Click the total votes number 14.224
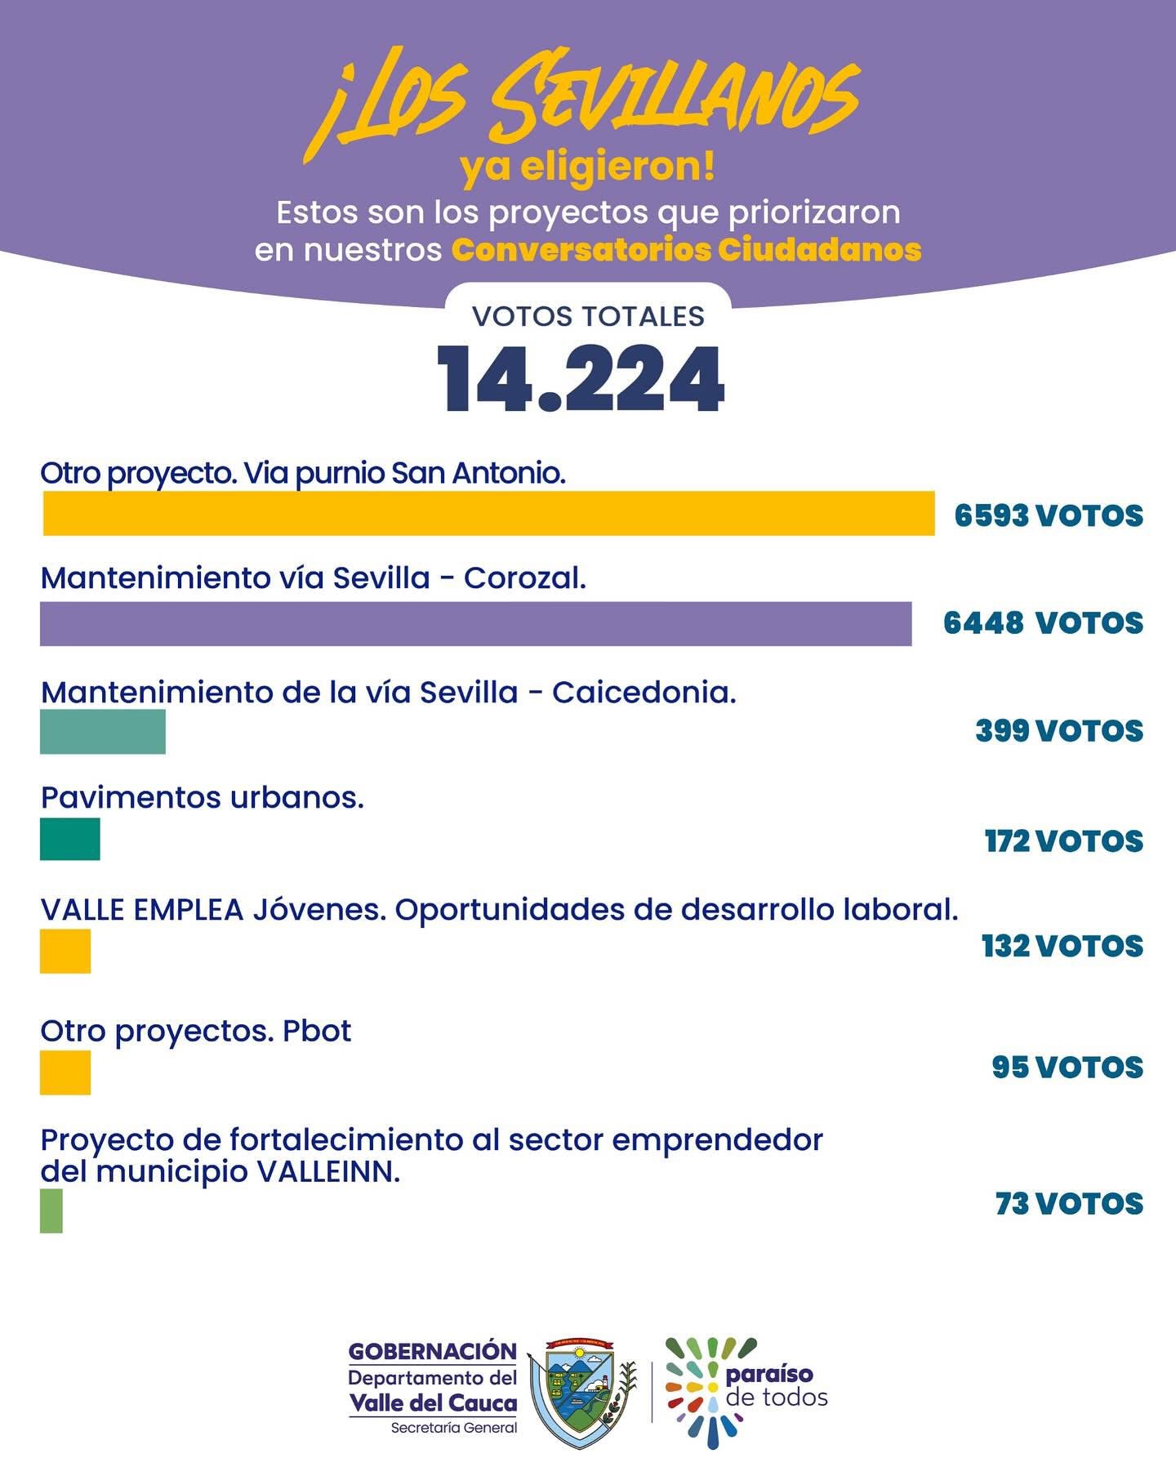tap(581, 380)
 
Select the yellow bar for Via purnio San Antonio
tap(488, 514)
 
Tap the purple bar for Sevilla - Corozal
tap(475, 624)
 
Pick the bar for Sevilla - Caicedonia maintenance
tap(103, 731)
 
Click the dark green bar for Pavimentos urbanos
tap(70, 839)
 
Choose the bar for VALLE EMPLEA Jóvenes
tap(65, 951)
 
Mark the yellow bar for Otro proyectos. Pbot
tap(65, 1072)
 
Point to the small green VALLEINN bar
tap(51, 1211)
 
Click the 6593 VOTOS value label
tap(1049, 516)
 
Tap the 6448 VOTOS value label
tap(1043, 623)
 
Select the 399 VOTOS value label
tap(1059, 731)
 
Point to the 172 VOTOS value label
tap(1064, 841)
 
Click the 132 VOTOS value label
tap(1062, 947)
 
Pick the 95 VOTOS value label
tap(1067, 1068)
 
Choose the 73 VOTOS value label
tap(1069, 1204)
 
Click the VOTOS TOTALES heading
tap(588, 317)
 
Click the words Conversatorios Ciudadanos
tap(686, 250)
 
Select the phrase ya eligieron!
tap(587, 167)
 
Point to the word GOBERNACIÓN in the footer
tap(433, 1352)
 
